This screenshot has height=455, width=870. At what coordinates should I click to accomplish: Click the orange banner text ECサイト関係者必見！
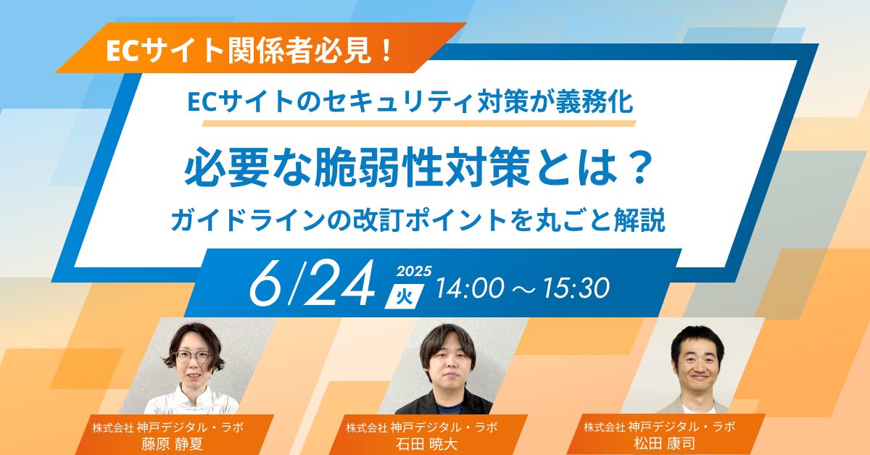[x=249, y=51]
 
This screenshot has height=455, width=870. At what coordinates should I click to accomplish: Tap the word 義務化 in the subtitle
[x=594, y=102]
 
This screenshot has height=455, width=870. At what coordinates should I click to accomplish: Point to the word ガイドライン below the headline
[x=248, y=220]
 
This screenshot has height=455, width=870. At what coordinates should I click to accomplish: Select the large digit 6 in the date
[x=266, y=283]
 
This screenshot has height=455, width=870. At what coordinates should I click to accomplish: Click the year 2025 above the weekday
[x=414, y=271]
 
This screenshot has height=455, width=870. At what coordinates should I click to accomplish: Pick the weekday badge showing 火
[x=405, y=296]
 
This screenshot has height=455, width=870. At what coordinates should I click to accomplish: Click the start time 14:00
[x=471, y=288]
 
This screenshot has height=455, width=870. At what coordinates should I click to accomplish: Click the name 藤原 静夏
[x=173, y=443]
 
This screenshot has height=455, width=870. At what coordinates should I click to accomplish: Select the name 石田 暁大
[x=426, y=443]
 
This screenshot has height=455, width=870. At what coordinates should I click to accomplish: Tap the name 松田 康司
[x=665, y=443]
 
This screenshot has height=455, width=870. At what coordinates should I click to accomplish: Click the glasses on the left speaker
[x=194, y=356]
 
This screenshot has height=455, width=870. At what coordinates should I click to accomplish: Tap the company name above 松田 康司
[x=659, y=426]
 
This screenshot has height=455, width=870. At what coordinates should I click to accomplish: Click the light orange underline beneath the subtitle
[x=419, y=123]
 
